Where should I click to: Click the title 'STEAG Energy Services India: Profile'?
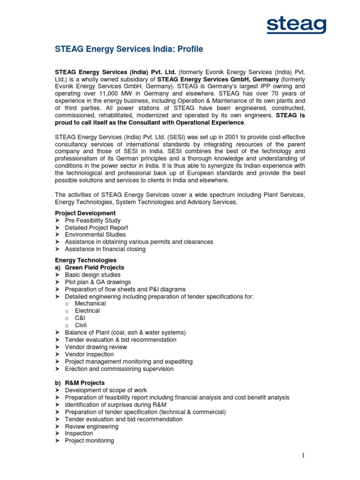pyautogui.click(x=129, y=49)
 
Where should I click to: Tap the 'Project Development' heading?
pyautogui.click(x=85, y=213)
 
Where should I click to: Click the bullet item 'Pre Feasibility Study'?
pyautogui.click(x=92, y=220)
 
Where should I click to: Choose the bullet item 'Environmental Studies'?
pyautogui.click(x=95, y=235)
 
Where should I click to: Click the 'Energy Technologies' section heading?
pyautogui.click(x=86, y=260)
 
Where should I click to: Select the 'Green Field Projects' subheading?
pyautogui.click(x=94, y=268)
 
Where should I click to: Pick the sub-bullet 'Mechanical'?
pyautogui.click(x=90, y=303)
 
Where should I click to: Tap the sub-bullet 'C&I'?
pyautogui.click(x=80, y=318)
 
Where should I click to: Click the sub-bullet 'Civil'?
pyautogui.click(x=81, y=325)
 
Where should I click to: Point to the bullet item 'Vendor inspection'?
pyautogui.click(x=89, y=354)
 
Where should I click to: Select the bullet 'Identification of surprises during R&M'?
pyautogui.click(x=115, y=405)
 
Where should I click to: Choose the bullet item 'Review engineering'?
pyautogui.click(x=91, y=427)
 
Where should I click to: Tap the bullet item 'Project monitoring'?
pyautogui.click(x=89, y=441)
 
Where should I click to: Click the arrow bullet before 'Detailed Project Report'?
pyautogui.click(x=58, y=228)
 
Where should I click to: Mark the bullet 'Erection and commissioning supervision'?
pyautogui.click(x=119, y=369)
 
